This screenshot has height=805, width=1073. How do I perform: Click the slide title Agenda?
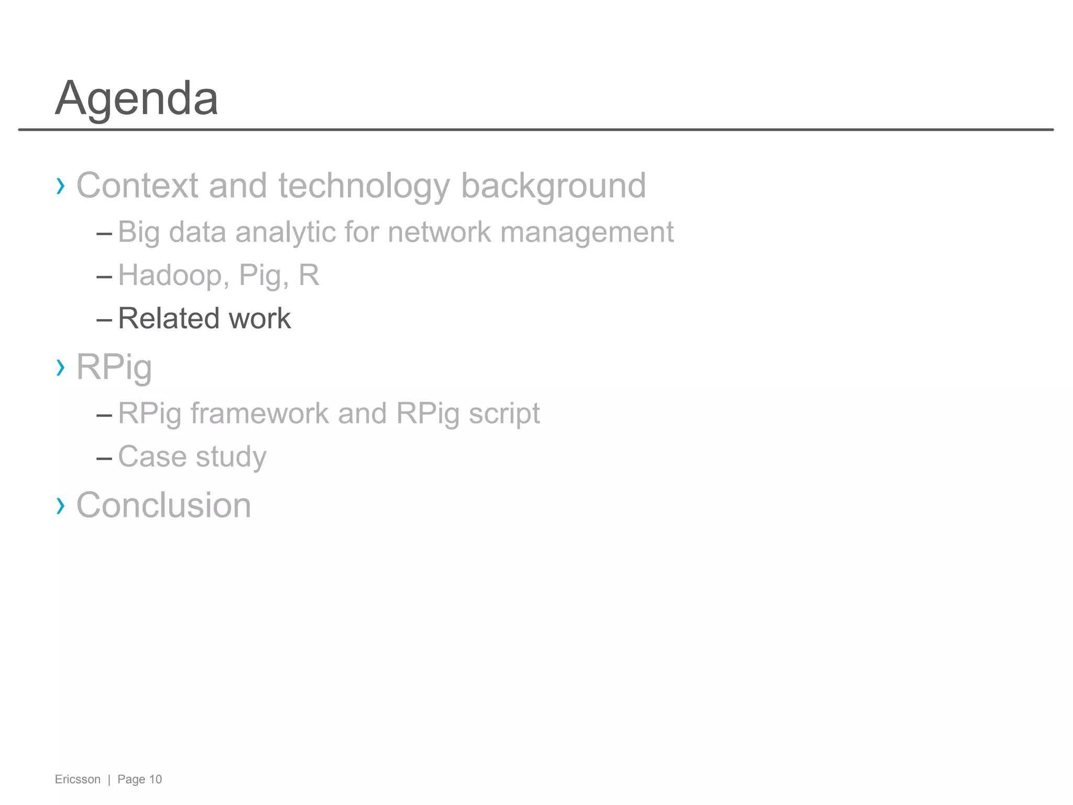click(137, 99)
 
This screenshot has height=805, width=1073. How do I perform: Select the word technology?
click(364, 187)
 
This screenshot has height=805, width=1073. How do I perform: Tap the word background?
click(553, 187)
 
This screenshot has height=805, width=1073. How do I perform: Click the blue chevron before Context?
click(61, 186)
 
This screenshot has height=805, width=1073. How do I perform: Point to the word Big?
click(138, 233)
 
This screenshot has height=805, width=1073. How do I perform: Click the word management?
click(587, 233)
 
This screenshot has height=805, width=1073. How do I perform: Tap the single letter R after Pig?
click(309, 275)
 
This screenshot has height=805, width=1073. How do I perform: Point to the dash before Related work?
click(104, 319)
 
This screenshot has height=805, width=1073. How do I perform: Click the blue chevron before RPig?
click(61, 368)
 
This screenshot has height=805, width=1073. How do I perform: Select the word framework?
click(259, 414)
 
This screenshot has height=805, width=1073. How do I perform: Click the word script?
click(504, 414)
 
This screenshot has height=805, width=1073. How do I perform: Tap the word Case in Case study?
click(152, 456)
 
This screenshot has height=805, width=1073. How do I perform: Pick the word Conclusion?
click(163, 505)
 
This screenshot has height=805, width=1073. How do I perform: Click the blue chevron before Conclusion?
click(61, 506)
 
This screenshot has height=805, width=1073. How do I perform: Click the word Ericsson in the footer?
click(78, 779)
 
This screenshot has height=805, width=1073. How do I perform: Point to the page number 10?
click(156, 779)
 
